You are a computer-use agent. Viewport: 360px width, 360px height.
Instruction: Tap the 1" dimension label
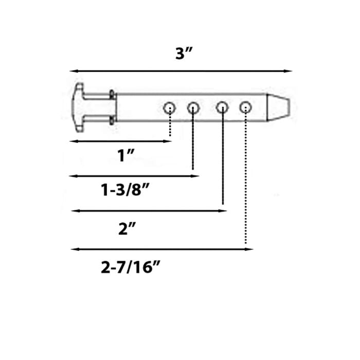[125, 155]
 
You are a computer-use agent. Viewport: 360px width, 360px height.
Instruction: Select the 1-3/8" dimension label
[125, 191]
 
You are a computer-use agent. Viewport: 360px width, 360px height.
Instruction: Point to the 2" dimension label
[125, 229]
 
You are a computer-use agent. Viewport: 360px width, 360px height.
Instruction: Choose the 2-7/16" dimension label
[128, 268]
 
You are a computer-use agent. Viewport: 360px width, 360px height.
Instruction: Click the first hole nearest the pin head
[169, 108]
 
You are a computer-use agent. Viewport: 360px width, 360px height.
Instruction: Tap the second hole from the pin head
[193, 107]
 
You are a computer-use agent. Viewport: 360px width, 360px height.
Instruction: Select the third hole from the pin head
[222, 107]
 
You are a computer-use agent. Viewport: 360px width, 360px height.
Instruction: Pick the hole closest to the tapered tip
[246, 107]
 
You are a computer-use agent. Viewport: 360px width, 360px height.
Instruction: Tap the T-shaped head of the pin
[79, 106]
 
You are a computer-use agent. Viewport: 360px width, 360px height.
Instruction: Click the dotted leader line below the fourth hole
[246, 180]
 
